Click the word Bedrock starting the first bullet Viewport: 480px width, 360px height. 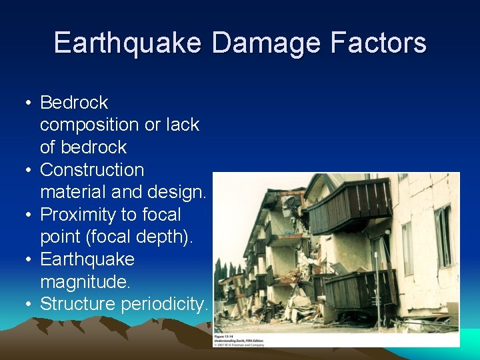coord(74,103)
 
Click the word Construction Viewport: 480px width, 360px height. coord(92,170)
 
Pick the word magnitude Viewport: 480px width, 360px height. coord(85,281)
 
